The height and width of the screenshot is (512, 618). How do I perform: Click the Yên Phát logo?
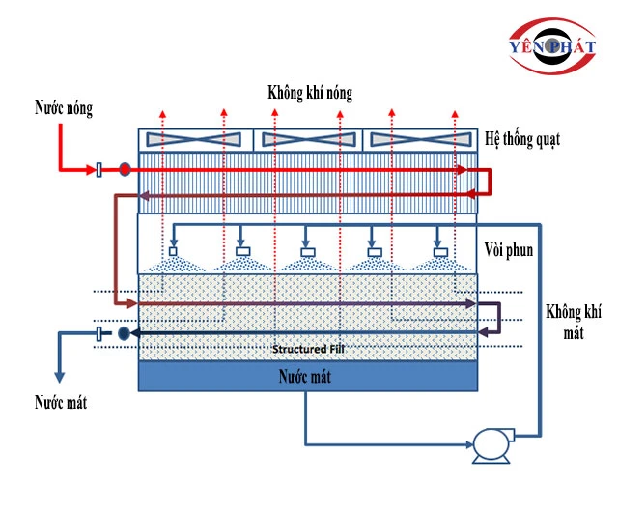click(x=554, y=49)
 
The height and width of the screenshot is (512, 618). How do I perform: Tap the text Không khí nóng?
click(x=310, y=94)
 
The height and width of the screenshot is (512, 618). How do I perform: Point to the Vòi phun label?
click(x=509, y=250)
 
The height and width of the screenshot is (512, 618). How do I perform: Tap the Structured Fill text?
click(x=308, y=349)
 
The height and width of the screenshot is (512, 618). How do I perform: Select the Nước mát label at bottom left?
click(x=61, y=402)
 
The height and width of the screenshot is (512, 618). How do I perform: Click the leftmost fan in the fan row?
click(x=194, y=140)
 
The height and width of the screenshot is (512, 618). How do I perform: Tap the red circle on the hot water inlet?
click(x=125, y=170)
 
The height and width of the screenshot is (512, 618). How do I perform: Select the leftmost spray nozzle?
click(x=174, y=252)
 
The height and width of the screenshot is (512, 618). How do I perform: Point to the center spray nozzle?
click(x=306, y=252)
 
